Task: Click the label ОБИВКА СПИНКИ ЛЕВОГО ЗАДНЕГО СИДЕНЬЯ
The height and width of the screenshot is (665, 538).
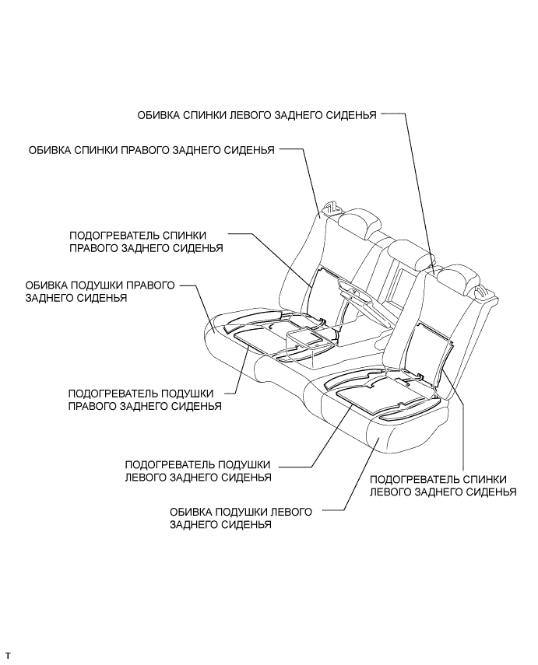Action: point(257,115)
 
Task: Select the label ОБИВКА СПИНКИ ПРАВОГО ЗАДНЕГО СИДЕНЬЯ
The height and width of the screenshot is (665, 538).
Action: point(151,150)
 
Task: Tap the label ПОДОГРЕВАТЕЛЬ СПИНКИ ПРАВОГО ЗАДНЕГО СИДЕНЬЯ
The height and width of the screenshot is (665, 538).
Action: point(146,241)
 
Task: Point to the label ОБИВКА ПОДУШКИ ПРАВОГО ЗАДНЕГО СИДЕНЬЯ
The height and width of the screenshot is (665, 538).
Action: point(100,292)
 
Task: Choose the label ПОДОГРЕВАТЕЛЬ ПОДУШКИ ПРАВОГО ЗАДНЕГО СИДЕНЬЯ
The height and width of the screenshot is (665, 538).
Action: point(145,400)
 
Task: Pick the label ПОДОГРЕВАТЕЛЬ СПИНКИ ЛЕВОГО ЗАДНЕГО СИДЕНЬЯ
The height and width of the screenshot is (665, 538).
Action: point(442,485)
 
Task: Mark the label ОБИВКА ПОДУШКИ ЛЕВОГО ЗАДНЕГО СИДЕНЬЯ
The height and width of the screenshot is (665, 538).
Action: point(241,519)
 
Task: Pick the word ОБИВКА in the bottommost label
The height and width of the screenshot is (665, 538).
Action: point(191,513)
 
